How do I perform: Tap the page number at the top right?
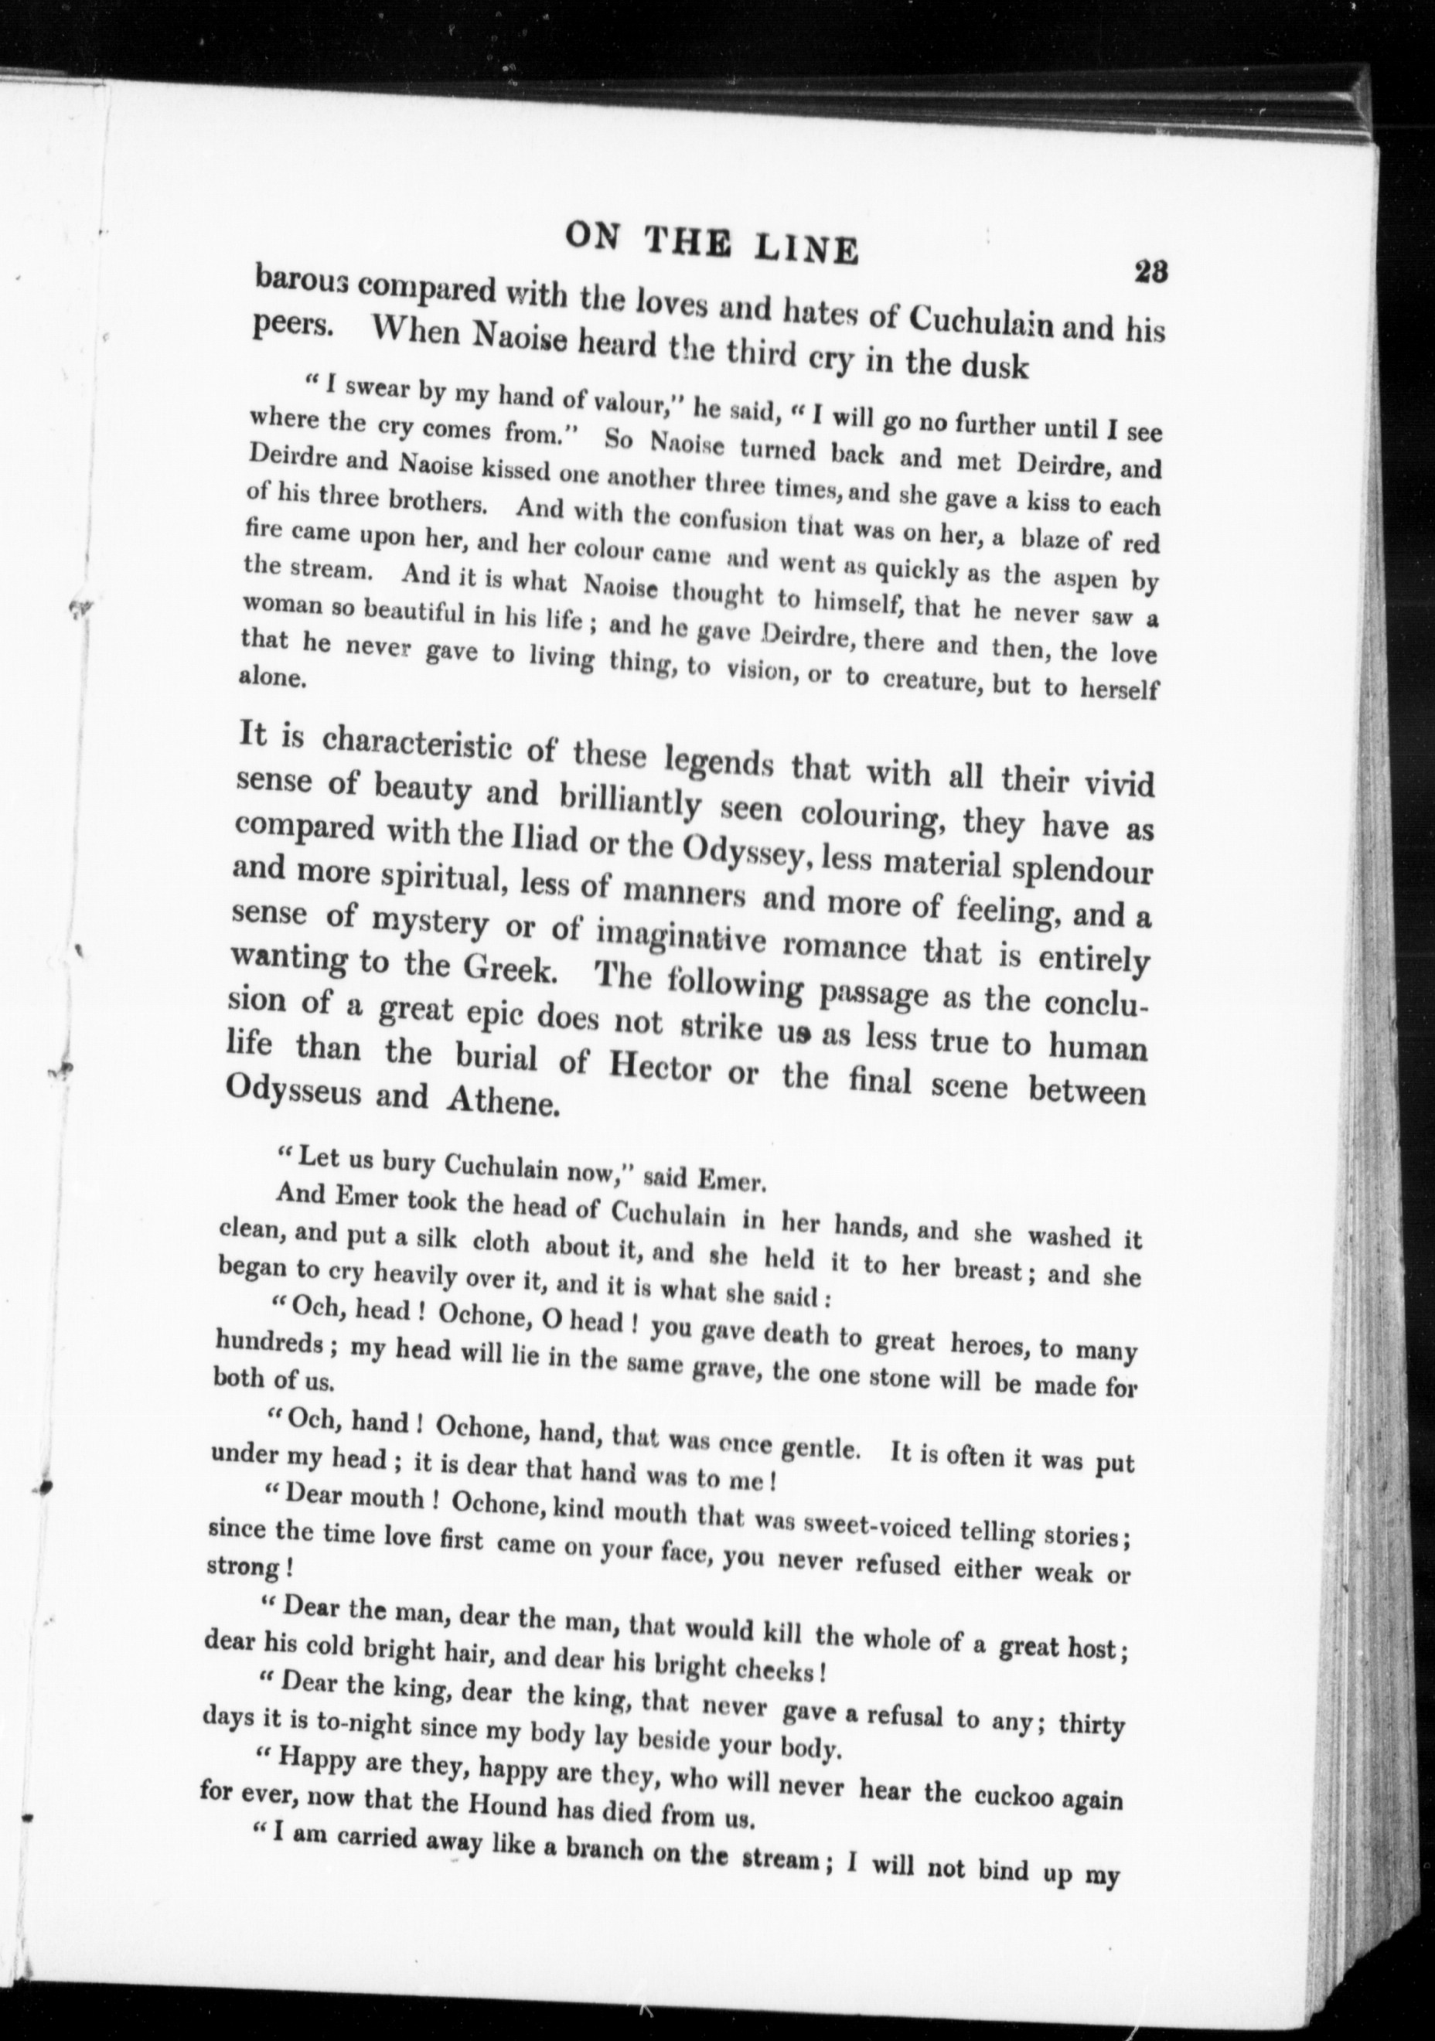point(1150,271)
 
